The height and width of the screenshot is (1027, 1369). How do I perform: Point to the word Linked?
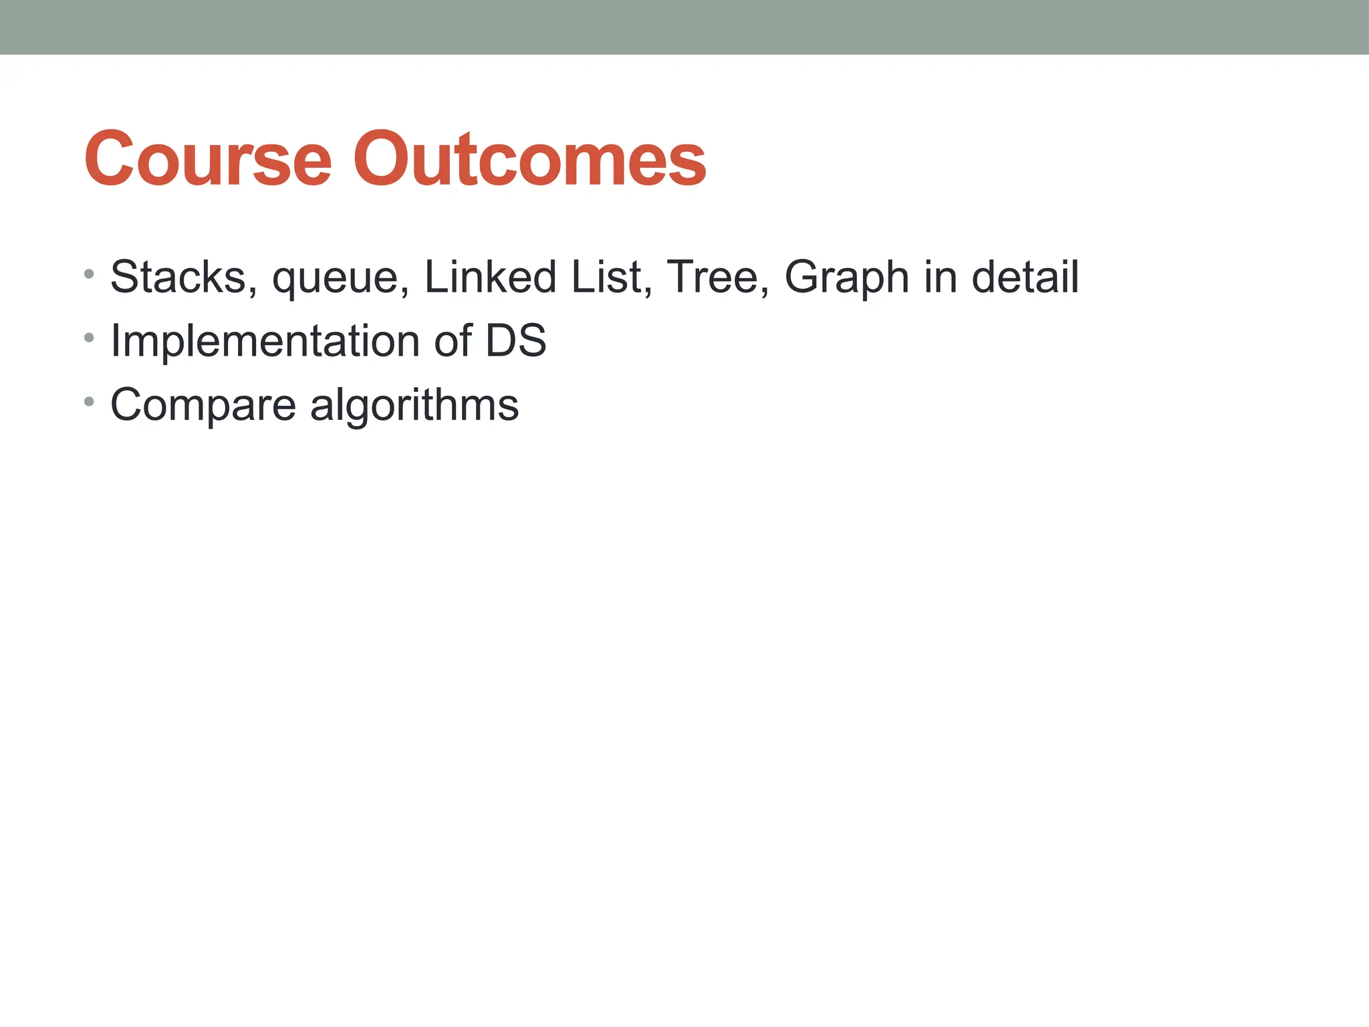click(x=490, y=277)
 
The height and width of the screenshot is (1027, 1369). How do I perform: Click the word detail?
click(x=1025, y=277)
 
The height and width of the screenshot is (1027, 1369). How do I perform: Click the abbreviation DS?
click(x=515, y=340)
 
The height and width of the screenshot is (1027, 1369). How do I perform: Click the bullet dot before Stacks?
click(x=90, y=274)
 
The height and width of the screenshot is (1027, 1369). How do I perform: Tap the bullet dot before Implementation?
click(x=90, y=338)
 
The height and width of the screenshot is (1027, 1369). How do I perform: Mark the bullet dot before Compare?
click(x=90, y=402)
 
